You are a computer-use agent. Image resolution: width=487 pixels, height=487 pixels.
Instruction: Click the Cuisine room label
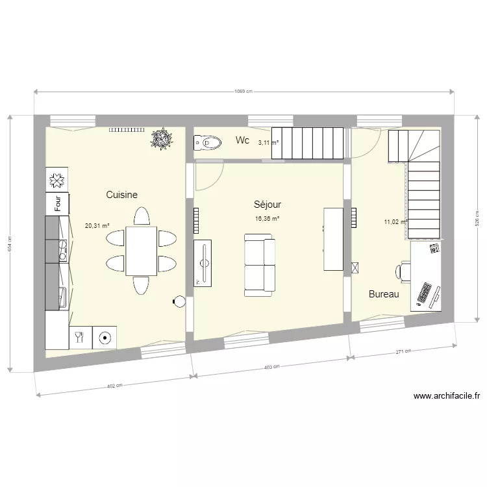pos(121,194)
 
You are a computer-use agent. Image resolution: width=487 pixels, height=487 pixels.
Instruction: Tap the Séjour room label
pos(267,204)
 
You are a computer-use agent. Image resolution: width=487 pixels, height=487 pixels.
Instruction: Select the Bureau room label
pos(384,294)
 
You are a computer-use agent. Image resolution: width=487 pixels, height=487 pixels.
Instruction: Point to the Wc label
pos(242,140)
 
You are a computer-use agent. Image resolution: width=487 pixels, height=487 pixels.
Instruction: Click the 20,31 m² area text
pos(97,227)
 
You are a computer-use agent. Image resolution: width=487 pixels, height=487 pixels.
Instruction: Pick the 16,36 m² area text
pos(268,219)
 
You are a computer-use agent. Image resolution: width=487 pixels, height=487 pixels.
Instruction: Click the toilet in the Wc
pos(206,142)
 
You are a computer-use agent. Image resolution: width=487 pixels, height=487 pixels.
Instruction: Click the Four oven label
pos(58,203)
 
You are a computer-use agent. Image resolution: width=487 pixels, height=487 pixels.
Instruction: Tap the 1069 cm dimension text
pos(243,92)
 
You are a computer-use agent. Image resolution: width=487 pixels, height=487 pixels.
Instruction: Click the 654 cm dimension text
pos(10,243)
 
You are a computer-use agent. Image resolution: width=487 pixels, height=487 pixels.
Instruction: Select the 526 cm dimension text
pos(477,218)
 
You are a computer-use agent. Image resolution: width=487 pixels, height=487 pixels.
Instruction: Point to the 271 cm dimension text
pos(403,351)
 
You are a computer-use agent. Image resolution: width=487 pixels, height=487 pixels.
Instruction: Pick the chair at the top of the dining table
pos(141,216)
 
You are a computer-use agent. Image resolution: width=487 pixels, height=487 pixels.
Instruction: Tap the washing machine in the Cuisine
pos(105,337)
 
